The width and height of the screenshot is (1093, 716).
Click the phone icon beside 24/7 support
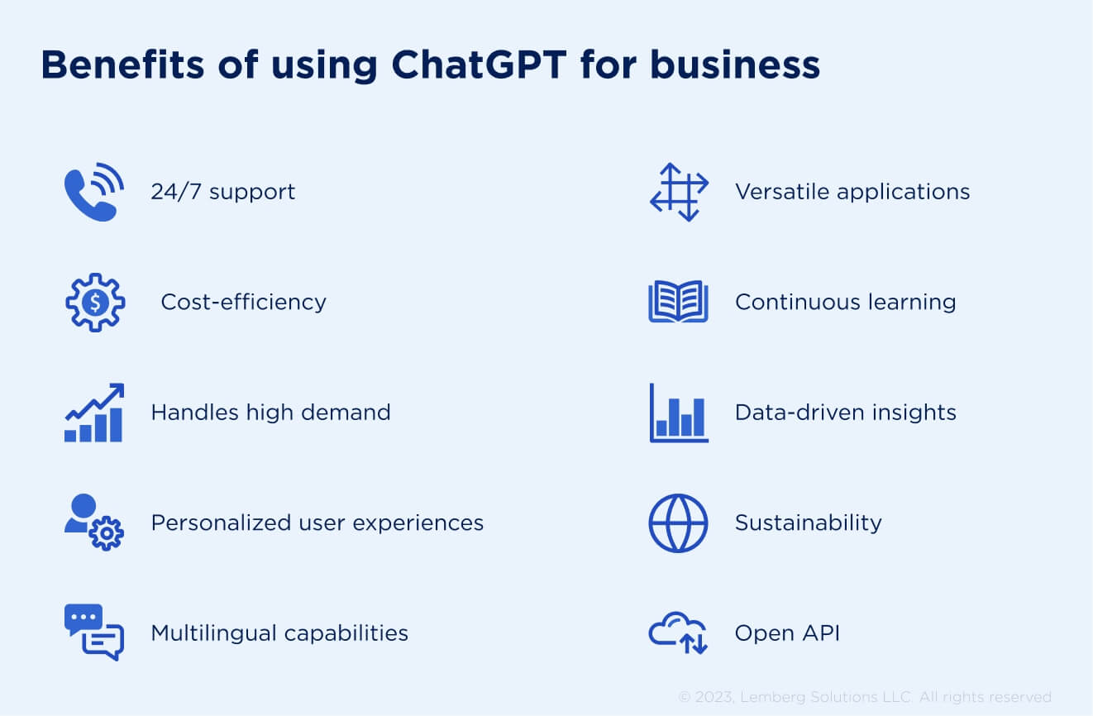point(93,192)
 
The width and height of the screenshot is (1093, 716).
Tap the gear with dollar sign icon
point(95,303)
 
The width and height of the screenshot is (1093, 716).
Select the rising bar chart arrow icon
point(94,413)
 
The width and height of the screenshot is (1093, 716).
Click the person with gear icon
point(94,523)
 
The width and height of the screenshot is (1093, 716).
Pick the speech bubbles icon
point(94,632)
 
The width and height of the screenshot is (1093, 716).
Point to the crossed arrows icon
point(679,192)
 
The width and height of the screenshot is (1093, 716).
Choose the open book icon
point(679,303)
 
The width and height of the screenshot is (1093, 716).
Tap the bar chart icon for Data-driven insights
point(679,413)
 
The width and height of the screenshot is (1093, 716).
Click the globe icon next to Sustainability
point(679,523)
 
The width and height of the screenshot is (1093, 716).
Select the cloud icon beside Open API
point(678,633)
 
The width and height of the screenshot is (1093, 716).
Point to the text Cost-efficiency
point(243,302)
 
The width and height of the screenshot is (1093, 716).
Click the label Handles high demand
point(270,412)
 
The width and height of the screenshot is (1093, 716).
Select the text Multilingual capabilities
point(279,632)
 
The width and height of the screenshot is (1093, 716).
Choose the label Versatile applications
point(852,191)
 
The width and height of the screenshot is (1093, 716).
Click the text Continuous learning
point(845,302)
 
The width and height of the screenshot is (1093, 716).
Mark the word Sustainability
point(808,523)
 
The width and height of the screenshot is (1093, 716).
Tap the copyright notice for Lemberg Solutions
point(865,697)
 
